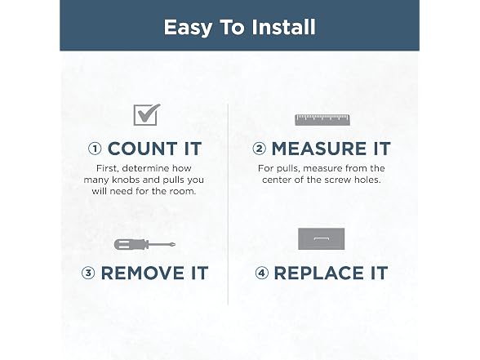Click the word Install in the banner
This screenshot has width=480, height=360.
tap(283, 27)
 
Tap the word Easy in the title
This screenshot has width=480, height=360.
tap(188, 28)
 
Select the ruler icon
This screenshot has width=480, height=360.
tap(322, 120)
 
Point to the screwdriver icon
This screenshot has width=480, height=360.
tap(144, 244)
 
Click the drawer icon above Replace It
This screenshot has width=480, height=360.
tap(321, 238)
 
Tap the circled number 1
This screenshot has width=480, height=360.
tap(95, 149)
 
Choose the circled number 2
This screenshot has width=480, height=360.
tap(259, 149)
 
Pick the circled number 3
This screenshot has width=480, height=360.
tap(88, 273)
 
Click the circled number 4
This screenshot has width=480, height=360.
tap(262, 273)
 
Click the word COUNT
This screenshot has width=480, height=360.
tap(142, 149)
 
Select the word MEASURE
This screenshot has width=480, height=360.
tap(319, 149)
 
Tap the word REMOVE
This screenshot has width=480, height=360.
tap(142, 273)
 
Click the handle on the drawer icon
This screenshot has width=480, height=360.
tap(321, 238)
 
